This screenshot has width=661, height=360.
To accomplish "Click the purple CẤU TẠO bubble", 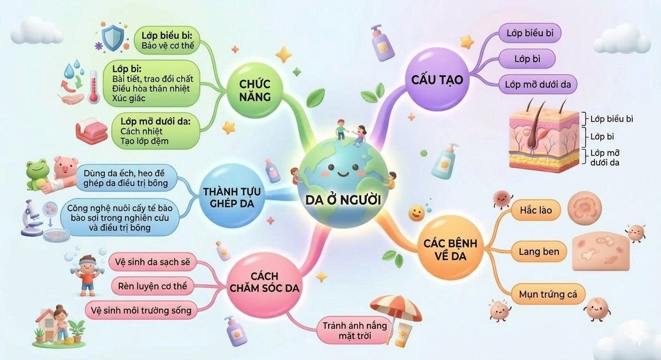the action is tap(437, 79).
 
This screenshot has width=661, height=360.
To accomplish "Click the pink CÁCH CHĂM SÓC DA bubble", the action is tap(265, 282).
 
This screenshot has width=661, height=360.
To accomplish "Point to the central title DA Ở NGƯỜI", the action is tap(343, 200).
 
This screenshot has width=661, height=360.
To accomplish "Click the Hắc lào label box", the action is tap(536, 210).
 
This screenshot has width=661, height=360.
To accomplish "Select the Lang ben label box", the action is tap(539, 251).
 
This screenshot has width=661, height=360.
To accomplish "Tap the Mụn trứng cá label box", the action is tap(548, 294).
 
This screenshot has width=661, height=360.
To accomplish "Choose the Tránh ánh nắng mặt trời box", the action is tap(354, 330).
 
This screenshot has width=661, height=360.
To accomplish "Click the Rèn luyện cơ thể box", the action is tap(152, 286).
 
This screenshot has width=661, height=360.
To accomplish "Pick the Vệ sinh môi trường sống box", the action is tap(141, 310).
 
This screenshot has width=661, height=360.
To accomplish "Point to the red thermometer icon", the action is tap(94, 87).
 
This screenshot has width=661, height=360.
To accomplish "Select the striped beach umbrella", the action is tap(396, 310).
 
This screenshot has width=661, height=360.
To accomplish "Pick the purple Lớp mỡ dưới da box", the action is tap(537, 85).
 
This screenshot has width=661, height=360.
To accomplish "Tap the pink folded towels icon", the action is tap(92, 131).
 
